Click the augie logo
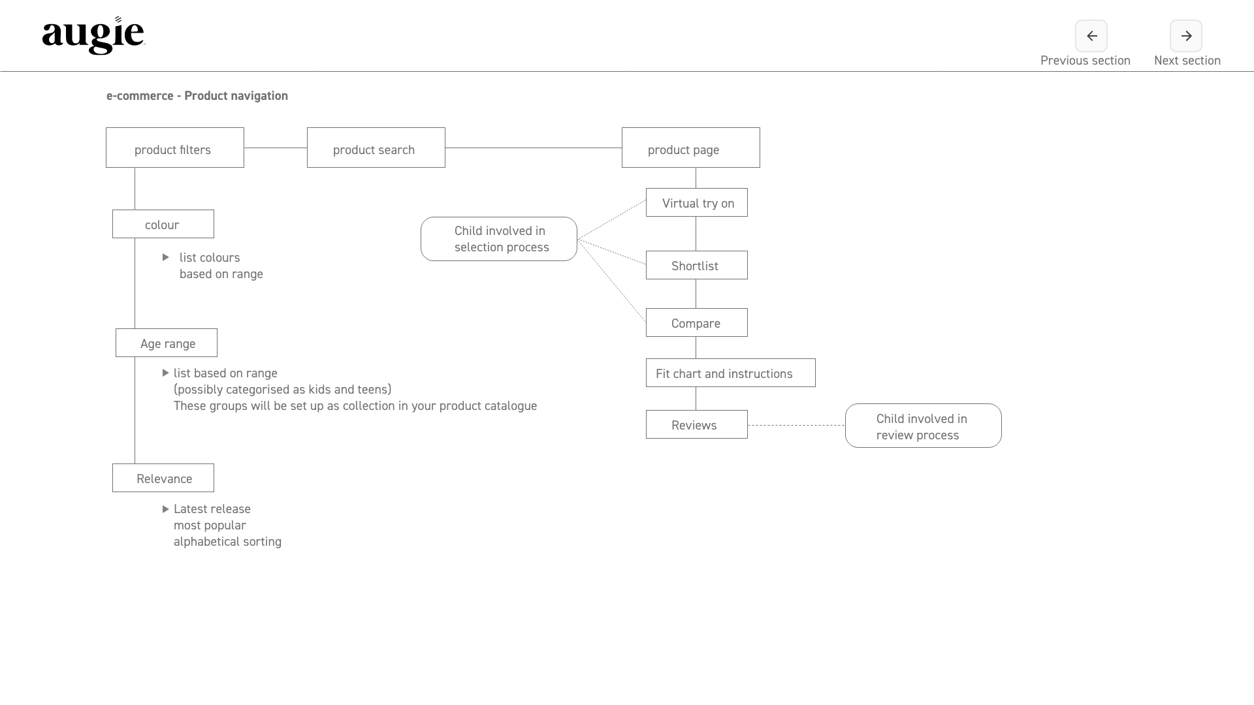click(93, 36)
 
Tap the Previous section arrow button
click(1091, 36)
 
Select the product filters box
click(175, 148)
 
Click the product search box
click(376, 148)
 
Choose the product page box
click(691, 148)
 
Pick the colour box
click(163, 224)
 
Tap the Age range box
click(167, 343)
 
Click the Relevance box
click(163, 478)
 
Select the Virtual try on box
click(697, 202)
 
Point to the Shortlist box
click(697, 265)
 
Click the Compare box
click(697, 322)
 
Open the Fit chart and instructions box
click(731, 373)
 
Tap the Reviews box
click(697, 424)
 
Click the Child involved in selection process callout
click(499, 239)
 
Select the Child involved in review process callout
click(924, 426)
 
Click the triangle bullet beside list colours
click(166, 257)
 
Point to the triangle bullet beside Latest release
click(166, 509)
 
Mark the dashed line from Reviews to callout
click(797, 426)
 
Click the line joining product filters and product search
click(276, 148)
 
